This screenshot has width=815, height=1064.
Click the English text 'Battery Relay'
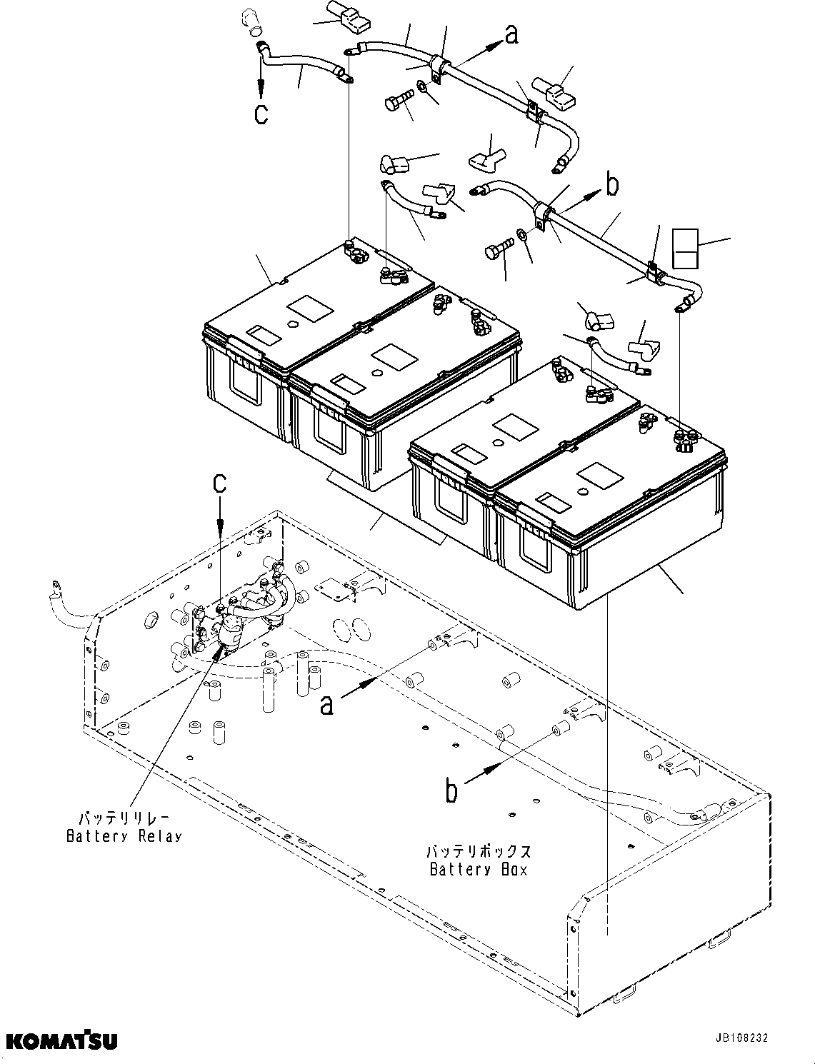(124, 836)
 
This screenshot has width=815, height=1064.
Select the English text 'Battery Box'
(479, 869)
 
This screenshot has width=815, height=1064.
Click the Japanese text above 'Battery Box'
(479, 851)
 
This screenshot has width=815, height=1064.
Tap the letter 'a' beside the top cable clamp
(511, 34)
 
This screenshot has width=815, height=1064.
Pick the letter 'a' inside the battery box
(326, 704)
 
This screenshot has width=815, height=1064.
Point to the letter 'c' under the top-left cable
(261, 114)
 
